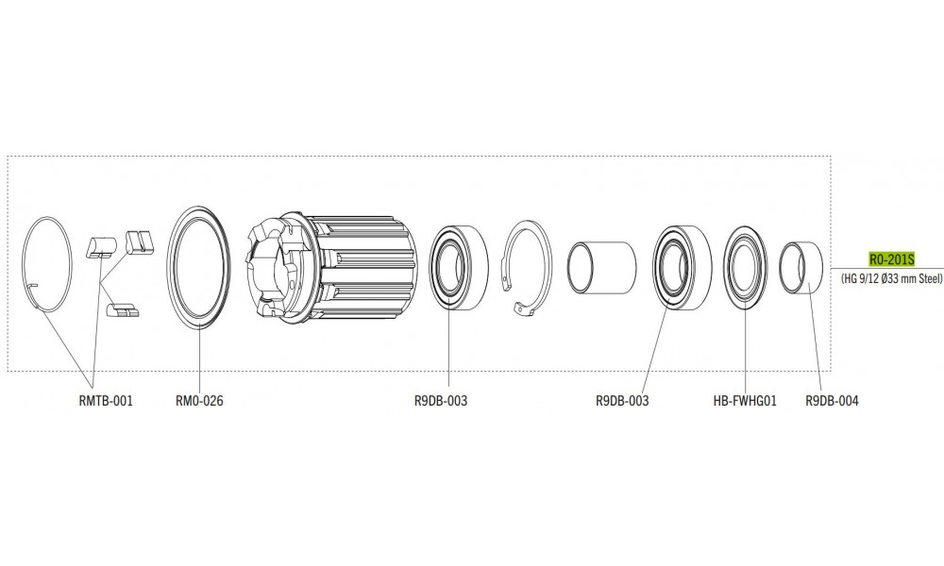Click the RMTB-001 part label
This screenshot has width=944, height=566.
106,401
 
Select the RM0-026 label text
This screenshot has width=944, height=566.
199,401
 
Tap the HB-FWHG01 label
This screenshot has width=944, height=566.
745,401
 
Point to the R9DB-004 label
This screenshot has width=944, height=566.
832,401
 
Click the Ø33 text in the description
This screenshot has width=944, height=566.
888,278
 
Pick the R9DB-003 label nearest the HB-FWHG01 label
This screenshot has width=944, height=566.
622,401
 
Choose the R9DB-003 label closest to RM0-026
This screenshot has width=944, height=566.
441,401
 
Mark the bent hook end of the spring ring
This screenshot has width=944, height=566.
33,285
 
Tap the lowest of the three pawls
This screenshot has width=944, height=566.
124,309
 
